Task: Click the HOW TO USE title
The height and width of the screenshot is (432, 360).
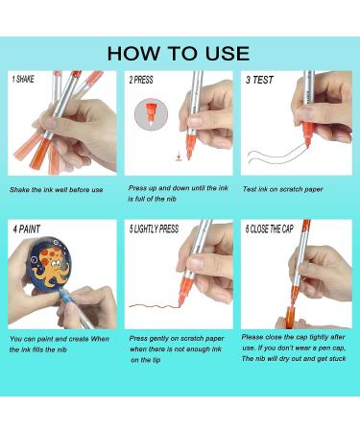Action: point(179,53)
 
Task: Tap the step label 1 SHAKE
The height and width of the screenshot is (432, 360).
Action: point(23,79)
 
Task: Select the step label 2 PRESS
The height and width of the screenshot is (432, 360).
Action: point(141,80)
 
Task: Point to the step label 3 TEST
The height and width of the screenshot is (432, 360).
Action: point(259,80)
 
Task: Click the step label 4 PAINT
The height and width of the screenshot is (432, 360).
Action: point(27,229)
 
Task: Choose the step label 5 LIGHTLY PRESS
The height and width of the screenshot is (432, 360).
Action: point(154,229)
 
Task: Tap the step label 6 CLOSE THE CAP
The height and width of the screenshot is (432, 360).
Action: point(270,229)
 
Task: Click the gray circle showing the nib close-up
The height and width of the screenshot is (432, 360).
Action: point(151,114)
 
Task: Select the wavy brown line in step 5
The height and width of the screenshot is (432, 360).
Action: point(155,306)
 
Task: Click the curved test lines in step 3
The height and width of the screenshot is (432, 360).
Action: point(276,156)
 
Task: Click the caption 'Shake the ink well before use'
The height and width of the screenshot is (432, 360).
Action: point(57,190)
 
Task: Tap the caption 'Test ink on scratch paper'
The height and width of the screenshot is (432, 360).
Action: point(283,189)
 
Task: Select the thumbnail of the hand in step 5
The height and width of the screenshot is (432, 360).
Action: point(179,275)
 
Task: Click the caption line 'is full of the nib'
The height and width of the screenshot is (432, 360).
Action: point(152,199)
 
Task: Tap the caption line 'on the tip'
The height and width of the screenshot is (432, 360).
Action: point(146,360)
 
